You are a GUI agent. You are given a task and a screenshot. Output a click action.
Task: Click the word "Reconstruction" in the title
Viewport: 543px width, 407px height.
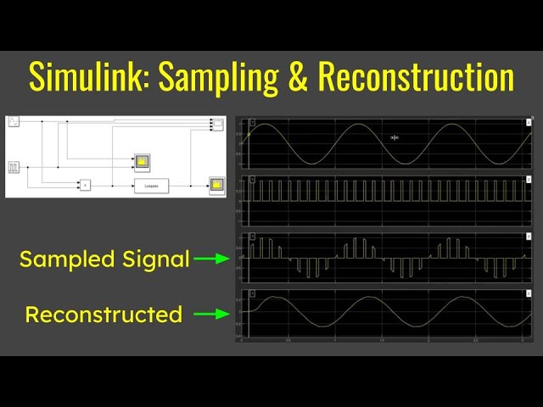coord(416,77)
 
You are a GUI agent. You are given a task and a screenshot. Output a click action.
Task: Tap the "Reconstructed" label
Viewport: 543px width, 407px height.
coord(104,315)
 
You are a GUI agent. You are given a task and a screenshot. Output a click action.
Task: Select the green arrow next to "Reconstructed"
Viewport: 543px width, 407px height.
coord(212,315)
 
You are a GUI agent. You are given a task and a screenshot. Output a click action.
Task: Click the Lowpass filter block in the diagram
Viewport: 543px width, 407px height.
coord(151,185)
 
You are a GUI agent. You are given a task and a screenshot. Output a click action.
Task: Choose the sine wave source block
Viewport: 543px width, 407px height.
coord(14,123)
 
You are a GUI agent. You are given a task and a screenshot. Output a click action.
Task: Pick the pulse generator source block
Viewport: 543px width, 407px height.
coord(14,167)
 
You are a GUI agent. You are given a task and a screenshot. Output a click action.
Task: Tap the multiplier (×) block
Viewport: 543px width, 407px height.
coord(85,185)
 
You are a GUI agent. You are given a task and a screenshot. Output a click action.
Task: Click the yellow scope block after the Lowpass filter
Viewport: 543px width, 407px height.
coord(217,184)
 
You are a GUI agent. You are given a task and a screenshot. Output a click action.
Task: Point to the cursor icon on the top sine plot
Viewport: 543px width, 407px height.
coord(394,137)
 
